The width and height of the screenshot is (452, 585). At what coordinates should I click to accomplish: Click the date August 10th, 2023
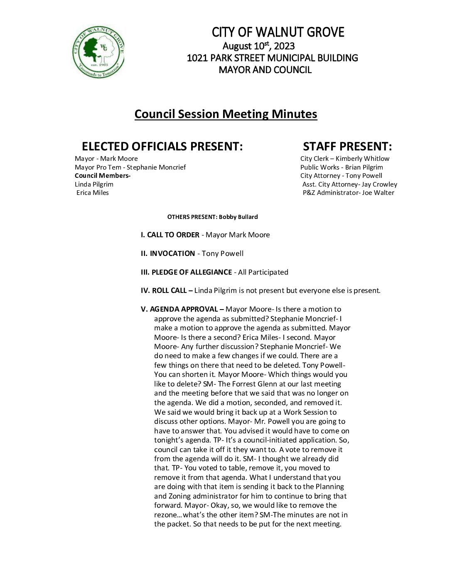(258, 46)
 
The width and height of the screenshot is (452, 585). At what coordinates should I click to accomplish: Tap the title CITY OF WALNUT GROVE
(278, 32)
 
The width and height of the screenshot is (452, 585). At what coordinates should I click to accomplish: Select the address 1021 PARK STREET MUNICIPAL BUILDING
(272, 58)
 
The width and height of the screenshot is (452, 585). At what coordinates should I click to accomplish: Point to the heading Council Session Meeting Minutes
(226, 114)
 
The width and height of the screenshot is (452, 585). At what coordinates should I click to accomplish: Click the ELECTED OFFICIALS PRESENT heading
(162, 146)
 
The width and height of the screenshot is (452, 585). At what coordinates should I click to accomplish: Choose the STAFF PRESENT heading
(347, 146)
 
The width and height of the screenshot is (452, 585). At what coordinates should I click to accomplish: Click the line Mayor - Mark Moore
(106, 158)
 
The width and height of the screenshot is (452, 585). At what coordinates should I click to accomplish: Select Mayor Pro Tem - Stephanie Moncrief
(130, 167)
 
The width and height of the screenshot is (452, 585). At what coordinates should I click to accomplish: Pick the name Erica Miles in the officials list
(93, 192)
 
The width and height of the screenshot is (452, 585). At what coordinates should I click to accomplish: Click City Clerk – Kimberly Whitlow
(345, 158)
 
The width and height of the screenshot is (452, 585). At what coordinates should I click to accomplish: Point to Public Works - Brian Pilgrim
(341, 167)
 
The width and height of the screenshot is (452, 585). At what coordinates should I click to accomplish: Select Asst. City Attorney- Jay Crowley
(349, 184)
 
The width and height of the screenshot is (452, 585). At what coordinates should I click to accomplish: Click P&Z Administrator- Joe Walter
(348, 192)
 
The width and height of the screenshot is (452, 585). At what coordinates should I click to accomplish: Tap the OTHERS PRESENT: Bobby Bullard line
(212, 217)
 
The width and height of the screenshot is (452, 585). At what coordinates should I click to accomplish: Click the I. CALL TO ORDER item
(170, 235)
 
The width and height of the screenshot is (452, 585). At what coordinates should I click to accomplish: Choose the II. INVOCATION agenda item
(168, 253)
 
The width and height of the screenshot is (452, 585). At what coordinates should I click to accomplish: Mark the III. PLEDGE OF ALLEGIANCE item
(186, 272)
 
